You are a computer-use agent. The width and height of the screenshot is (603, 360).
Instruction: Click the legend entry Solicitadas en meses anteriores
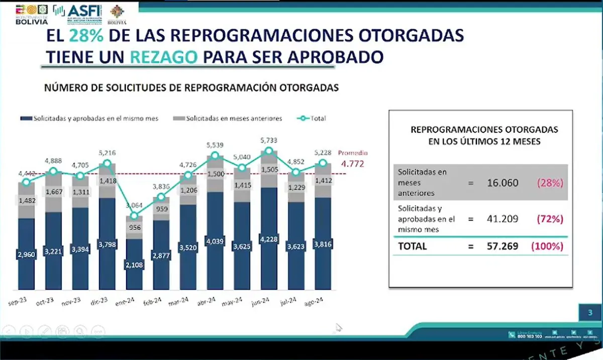click(x=229, y=119)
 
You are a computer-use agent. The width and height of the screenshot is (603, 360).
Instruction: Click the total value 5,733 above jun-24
click(x=270, y=140)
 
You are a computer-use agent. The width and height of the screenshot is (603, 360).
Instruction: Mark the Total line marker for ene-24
click(x=134, y=216)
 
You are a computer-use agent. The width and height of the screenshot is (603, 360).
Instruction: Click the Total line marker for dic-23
click(x=107, y=163)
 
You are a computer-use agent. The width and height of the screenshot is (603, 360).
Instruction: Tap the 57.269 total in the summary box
click(x=504, y=246)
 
